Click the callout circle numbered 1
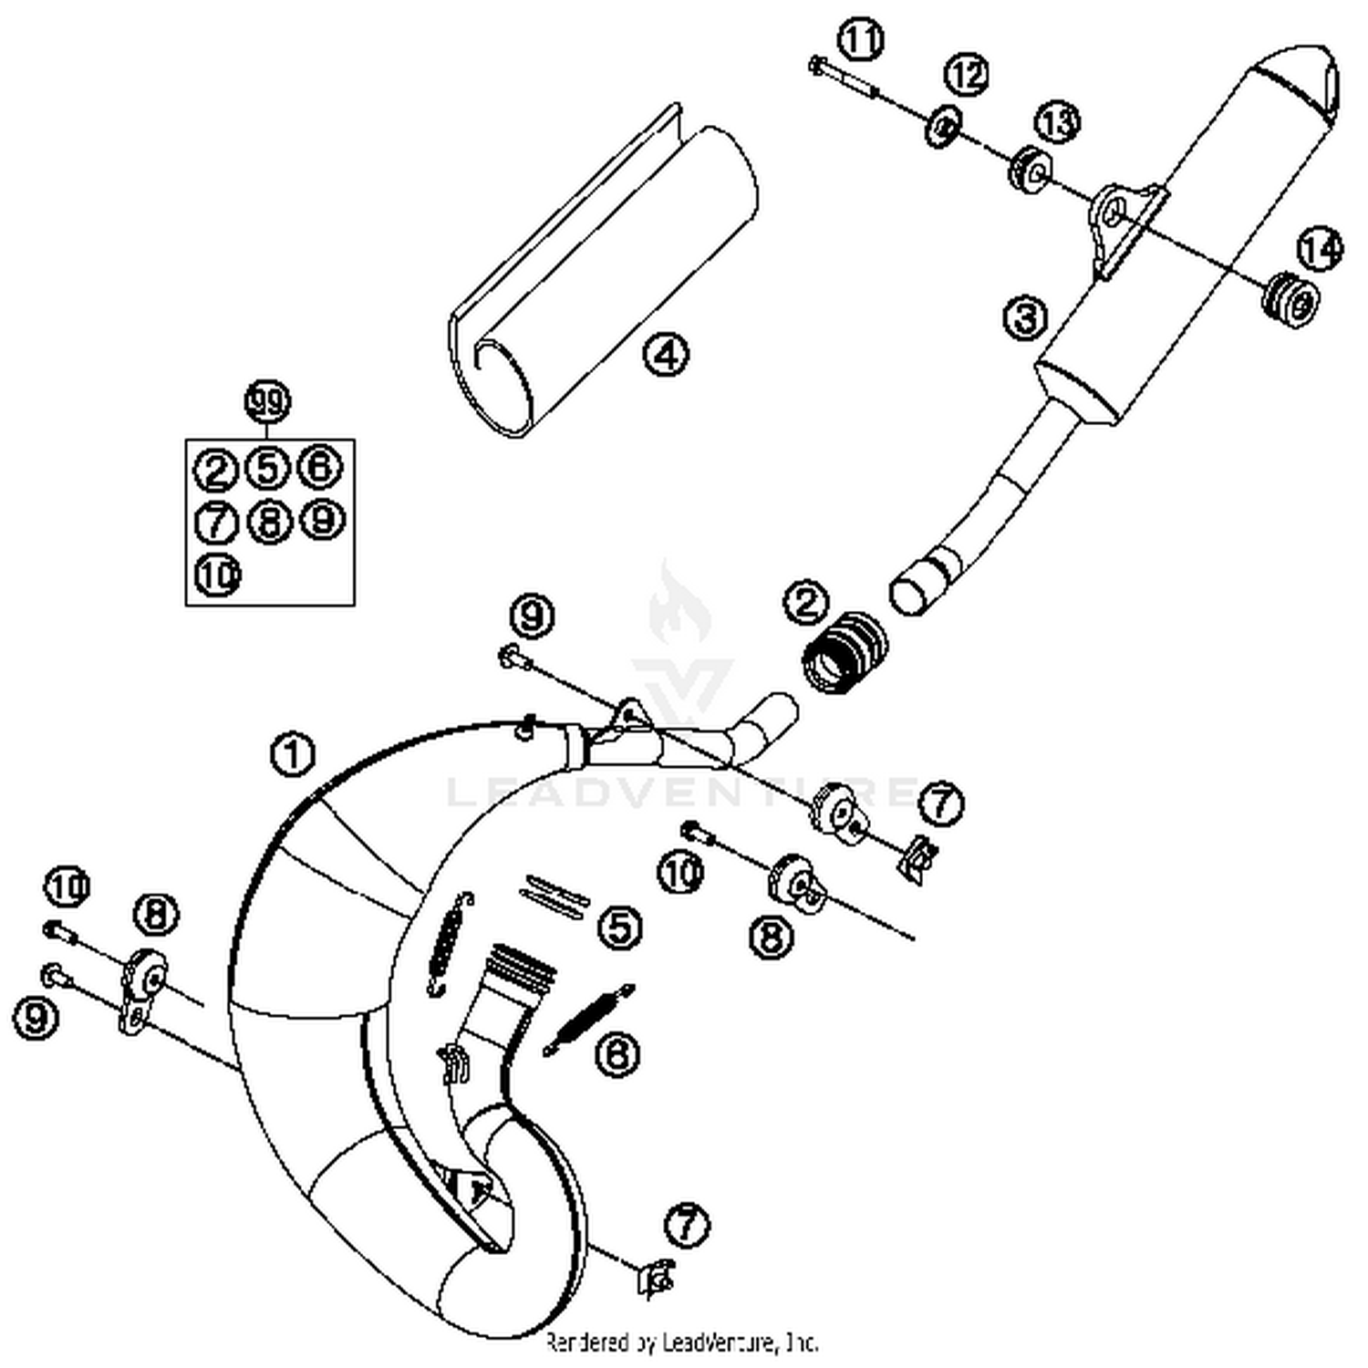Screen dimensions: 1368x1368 click(293, 756)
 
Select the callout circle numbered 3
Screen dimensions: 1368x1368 click(1026, 318)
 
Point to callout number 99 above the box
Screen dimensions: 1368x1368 click(267, 401)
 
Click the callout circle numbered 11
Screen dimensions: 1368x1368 click(861, 41)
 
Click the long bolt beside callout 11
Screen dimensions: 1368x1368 click(844, 77)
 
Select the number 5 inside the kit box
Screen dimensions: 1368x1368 click(267, 468)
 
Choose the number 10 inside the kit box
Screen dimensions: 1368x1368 click(217, 575)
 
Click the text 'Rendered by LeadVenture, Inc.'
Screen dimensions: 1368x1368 click(682, 1342)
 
